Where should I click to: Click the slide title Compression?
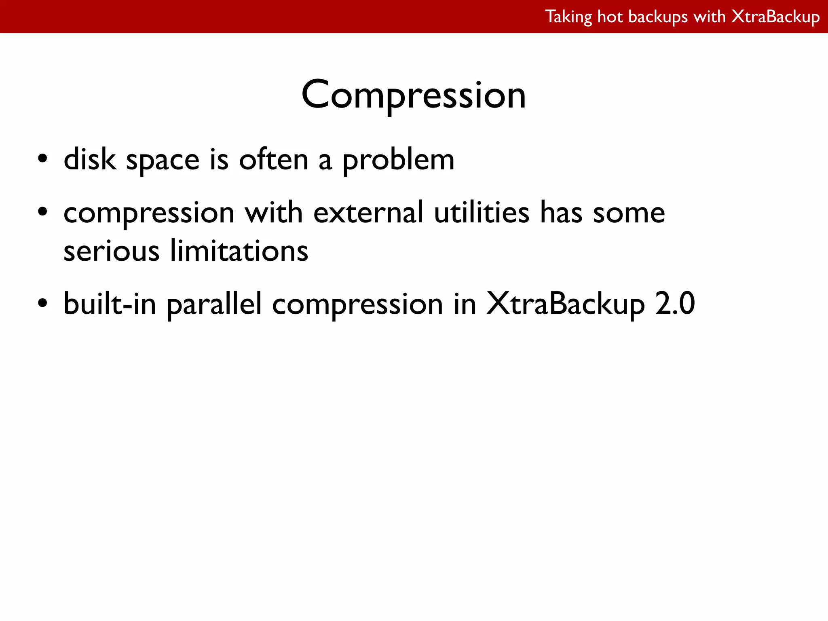tap(414, 95)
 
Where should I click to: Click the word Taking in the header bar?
tap(568, 17)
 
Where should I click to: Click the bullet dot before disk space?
tap(43, 159)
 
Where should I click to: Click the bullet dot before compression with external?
tap(43, 212)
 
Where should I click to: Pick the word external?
tap(368, 213)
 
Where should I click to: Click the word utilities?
tap(482, 213)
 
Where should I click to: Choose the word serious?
tap(112, 251)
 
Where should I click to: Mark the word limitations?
tap(239, 251)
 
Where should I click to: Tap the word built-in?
tap(110, 304)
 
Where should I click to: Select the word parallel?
tap(214, 304)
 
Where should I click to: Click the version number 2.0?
tap(675, 304)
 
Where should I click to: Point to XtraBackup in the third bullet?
tap(565, 304)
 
